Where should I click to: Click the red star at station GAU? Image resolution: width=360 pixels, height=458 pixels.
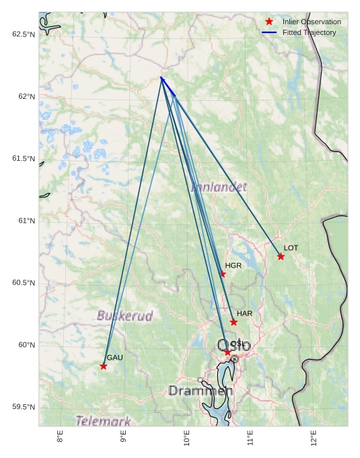104,366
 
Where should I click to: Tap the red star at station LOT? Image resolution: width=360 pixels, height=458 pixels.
281,256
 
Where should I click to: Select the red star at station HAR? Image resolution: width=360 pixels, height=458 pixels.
233,322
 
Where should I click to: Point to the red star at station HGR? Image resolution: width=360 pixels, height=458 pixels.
223,274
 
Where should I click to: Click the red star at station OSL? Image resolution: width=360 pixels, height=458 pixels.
227,352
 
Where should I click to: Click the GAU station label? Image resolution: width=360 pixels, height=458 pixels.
114,358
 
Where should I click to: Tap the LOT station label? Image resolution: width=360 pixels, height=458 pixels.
291,248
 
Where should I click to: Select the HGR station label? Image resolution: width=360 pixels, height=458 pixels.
233,266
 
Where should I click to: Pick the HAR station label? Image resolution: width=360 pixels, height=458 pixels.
244,314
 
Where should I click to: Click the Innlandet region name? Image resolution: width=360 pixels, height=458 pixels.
219,186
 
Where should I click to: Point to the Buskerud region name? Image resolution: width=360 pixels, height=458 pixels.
124,315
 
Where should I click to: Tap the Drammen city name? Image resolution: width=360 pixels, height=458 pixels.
201,391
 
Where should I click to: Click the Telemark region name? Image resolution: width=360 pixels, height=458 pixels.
103,422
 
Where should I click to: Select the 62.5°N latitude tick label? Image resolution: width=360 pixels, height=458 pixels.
23,34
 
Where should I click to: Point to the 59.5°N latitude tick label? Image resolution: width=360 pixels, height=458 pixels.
23,407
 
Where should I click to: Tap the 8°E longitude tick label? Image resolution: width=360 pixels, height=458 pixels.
60,438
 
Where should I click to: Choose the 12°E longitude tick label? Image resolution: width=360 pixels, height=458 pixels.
314,438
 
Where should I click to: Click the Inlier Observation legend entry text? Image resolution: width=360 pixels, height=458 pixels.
312,22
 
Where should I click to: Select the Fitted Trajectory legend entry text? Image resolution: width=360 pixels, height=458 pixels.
310,32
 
